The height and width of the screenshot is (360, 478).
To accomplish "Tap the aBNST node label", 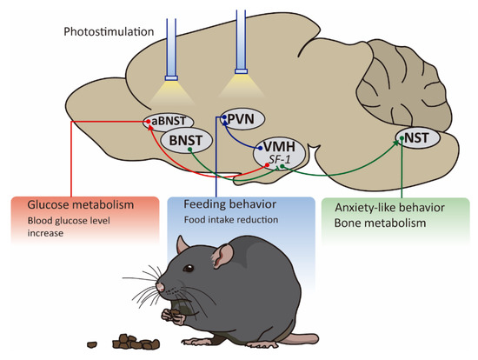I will [x=168, y=123].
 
